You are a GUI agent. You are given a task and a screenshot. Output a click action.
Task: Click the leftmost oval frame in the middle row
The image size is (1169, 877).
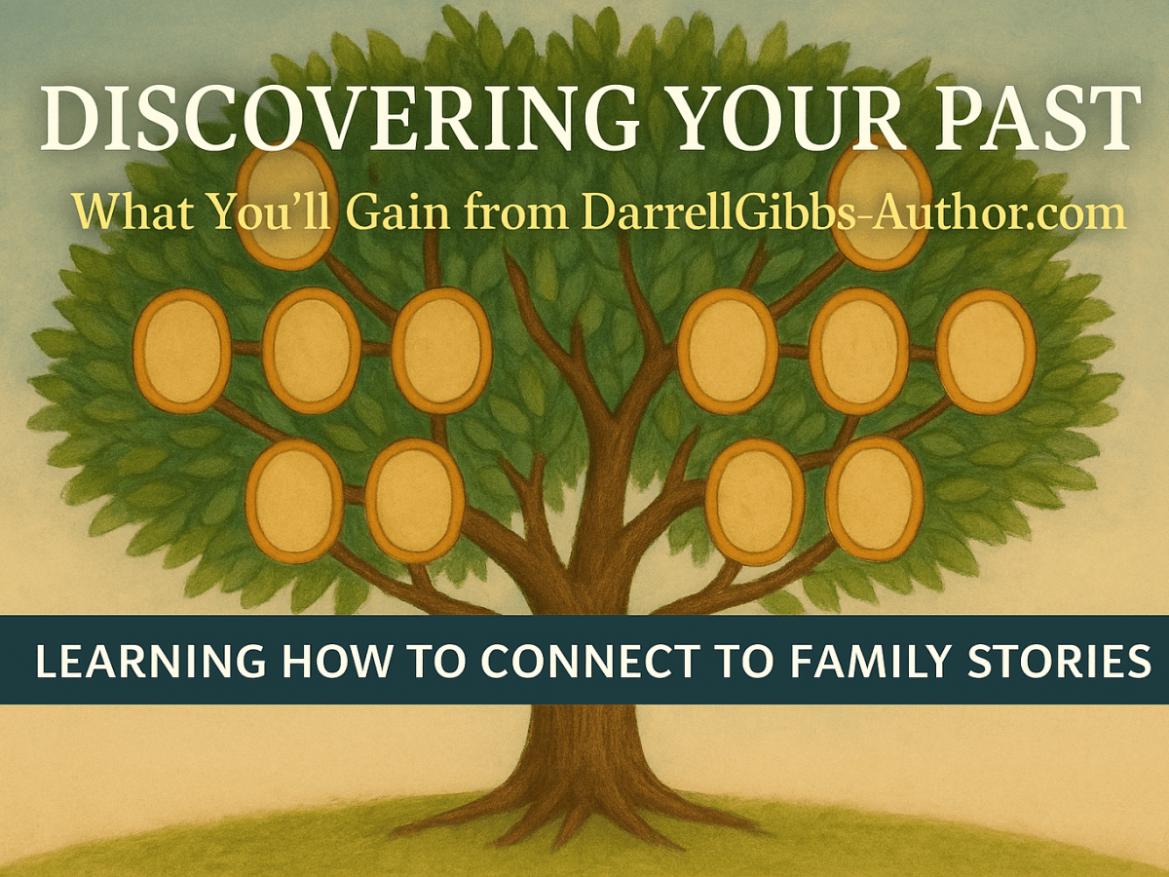(x=181, y=350)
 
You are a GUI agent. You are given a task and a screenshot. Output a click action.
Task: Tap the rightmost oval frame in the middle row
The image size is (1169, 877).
(x=986, y=350)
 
